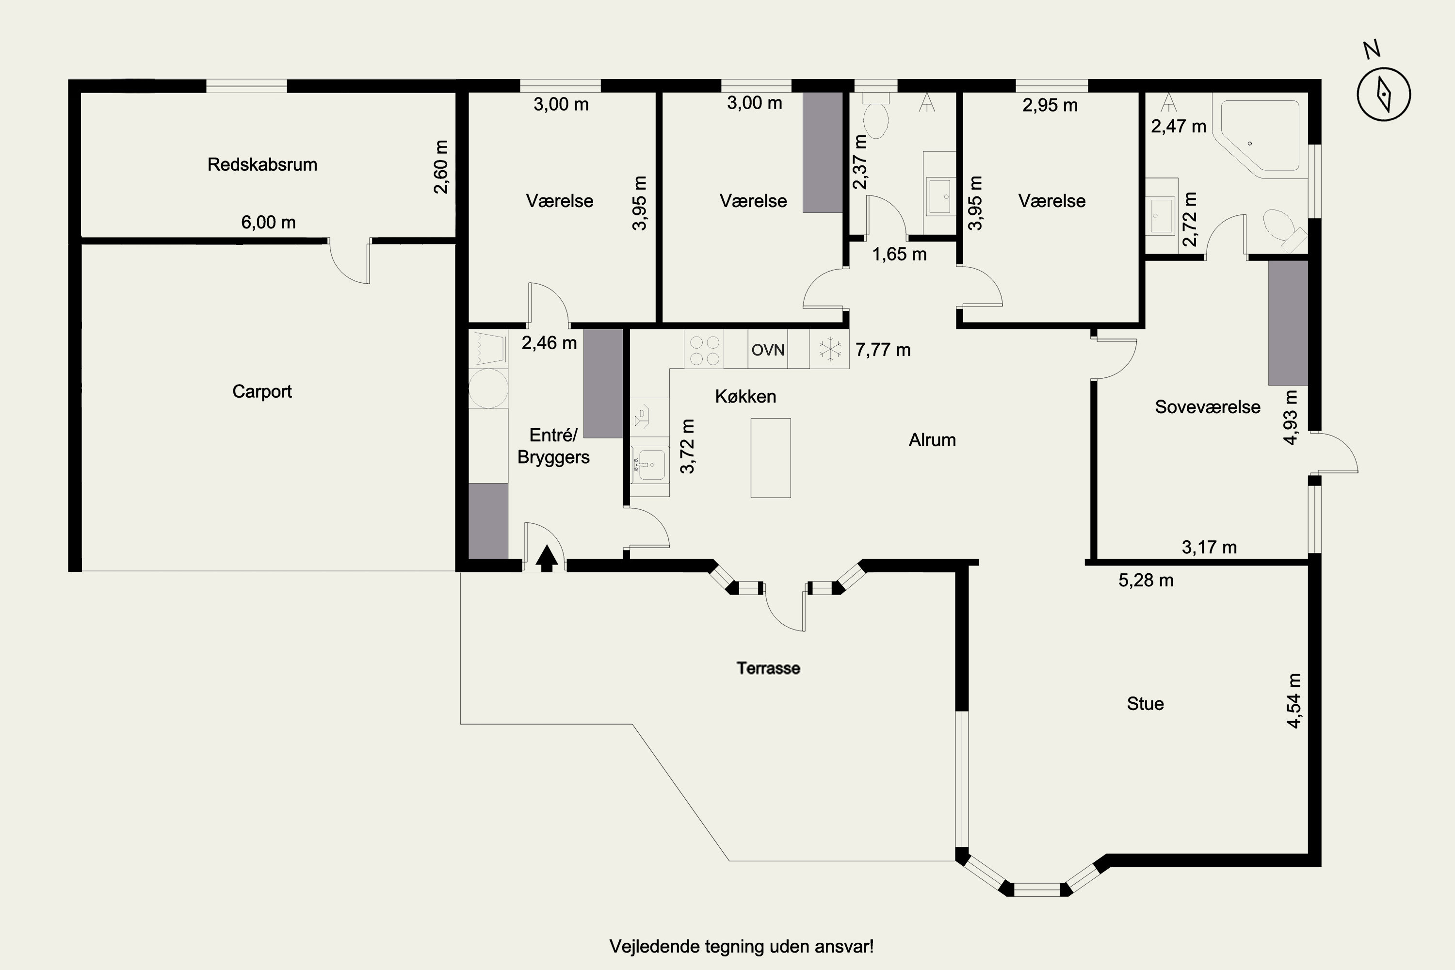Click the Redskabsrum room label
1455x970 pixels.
(262, 164)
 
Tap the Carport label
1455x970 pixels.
(262, 391)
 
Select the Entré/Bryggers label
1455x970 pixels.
(554, 446)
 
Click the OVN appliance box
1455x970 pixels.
(768, 350)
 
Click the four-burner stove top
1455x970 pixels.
(705, 350)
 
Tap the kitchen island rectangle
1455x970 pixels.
(771, 458)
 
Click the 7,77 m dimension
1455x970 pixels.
(883, 350)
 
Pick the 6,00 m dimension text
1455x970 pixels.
(269, 222)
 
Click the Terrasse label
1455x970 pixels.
(768, 668)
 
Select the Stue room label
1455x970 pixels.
(1145, 704)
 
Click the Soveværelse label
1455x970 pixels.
(1208, 407)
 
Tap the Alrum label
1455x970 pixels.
(932, 440)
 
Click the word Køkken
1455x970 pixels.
(745, 397)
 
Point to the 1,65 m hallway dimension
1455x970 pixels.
(900, 254)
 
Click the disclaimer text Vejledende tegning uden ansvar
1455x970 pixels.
(742, 947)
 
